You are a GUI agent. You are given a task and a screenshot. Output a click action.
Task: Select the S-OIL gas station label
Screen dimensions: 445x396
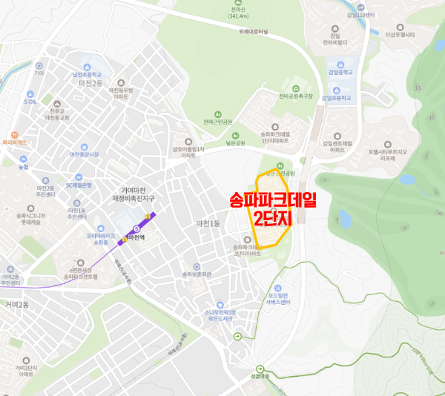30,102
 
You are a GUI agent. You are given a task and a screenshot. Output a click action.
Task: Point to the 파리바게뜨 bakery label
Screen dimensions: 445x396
14,142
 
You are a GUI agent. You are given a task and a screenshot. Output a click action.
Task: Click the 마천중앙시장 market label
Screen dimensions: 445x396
84,154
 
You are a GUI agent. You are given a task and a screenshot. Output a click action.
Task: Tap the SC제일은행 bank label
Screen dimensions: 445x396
78,185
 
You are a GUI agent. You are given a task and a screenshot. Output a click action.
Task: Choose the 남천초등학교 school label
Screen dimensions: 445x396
87,75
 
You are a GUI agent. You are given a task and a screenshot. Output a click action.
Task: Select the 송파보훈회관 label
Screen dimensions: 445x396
197,274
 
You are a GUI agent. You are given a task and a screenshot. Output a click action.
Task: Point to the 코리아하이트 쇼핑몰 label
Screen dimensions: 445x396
102,239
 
